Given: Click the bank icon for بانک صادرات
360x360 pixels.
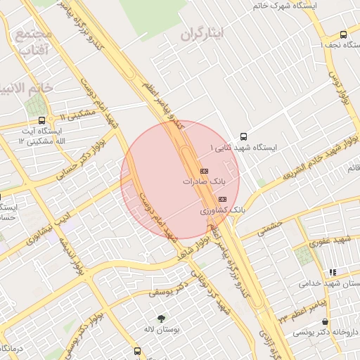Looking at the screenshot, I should (205, 171).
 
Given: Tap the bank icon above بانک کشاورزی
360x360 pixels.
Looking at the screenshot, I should (212, 200).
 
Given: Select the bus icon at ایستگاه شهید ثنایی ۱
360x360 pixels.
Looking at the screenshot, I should (243, 136).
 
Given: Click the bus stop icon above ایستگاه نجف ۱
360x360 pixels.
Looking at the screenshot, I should (343, 34).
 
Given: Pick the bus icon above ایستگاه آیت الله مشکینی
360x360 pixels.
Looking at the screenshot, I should (42, 120).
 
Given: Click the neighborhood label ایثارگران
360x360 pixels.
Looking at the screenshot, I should (200, 33).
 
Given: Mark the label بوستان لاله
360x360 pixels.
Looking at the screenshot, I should (161, 330).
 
